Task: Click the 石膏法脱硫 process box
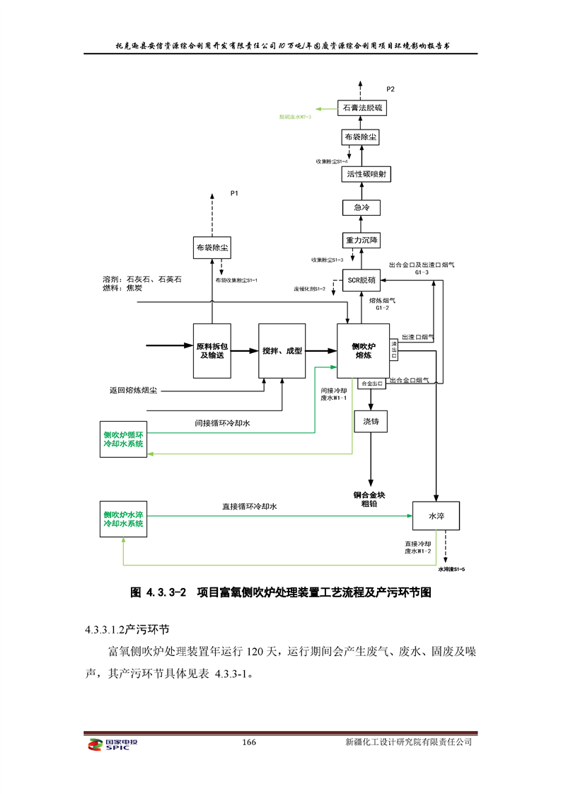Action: [362, 108]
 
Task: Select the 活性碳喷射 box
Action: [362, 173]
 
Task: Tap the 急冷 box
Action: [362, 207]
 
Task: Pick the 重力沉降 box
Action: [362, 241]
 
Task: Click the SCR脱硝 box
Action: [362, 280]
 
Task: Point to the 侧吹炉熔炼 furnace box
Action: [363, 351]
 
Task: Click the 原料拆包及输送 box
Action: [212, 350]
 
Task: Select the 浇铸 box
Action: [371, 422]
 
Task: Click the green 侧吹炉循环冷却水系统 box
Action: [124, 439]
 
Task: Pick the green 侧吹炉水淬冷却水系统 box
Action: [124, 519]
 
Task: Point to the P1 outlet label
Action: [235, 192]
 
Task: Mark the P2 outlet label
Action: [391, 88]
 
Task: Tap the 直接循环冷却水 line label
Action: [249, 507]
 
